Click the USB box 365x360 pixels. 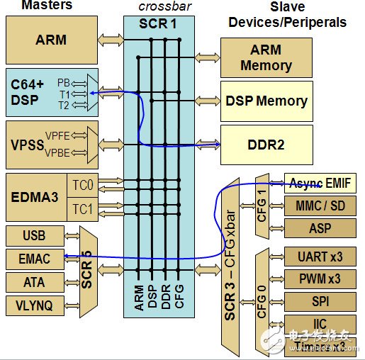[35, 235]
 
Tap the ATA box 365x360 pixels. [35, 282]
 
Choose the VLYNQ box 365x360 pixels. [35, 305]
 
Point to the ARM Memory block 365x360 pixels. [266, 57]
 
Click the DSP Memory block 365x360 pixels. [266, 101]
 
